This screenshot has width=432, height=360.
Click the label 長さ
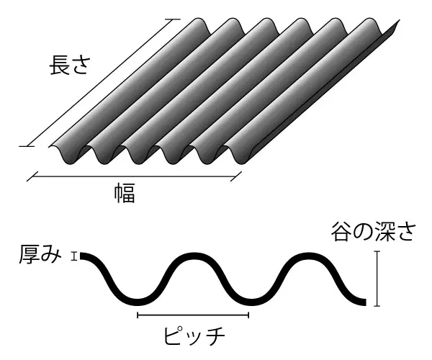[69, 66]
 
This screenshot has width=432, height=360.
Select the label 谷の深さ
[374, 232]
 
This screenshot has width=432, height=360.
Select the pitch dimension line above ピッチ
[192, 315]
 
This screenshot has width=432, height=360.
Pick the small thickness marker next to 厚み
[73, 255]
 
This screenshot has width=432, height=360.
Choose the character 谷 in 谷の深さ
[341, 232]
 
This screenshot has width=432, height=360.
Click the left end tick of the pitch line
[137, 315]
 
